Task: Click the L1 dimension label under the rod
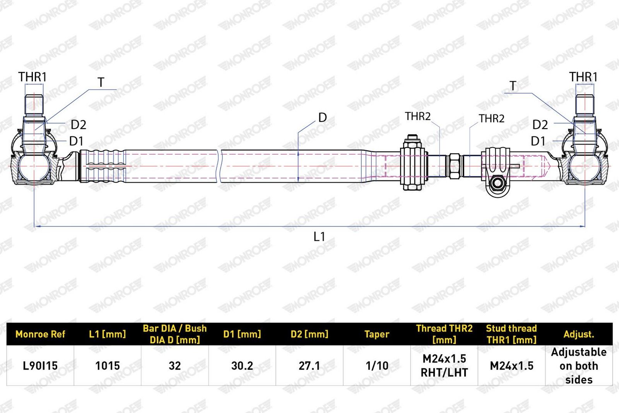click(x=319, y=236)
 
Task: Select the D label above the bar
click(x=323, y=118)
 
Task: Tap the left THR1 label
click(x=32, y=77)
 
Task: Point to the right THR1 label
click(x=583, y=77)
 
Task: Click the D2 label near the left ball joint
click(x=79, y=125)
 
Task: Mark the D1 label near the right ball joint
click(x=538, y=141)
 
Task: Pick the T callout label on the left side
click(x=101, y=82)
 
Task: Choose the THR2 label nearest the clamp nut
click(x=417, y=116)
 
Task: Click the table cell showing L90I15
click(x=40, y=366)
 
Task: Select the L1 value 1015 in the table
click(x=108, y=366)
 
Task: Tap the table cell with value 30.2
click(x=242, y=366)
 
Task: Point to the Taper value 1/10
click(x=377, y=366)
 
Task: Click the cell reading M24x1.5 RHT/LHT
click(x=444, y=366)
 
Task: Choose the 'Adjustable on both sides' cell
click(x=579, y=366)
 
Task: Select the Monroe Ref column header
click(x=40, y=334)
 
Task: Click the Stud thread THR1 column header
click(x=511, y=334)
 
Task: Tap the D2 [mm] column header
click(x=309, y=334)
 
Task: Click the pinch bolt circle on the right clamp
click(x=498, y=183)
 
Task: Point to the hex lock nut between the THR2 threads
click(x=455, y=166)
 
